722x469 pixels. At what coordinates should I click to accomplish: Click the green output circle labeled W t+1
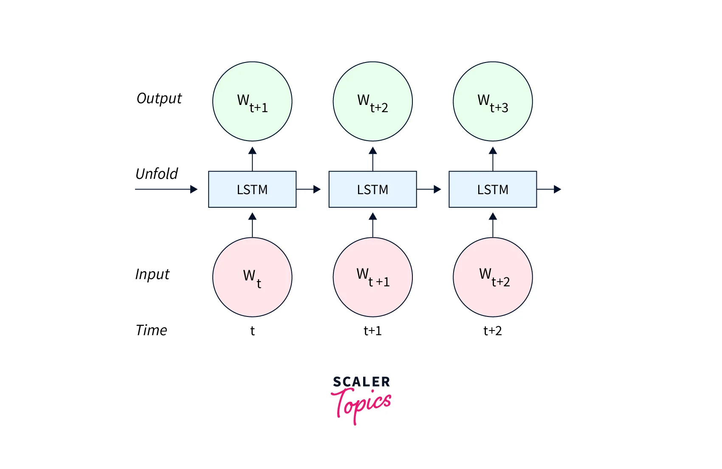tap(252, 102)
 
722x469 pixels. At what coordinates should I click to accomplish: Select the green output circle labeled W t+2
tap(372, 102)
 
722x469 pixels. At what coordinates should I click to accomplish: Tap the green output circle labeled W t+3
tap(493, 102)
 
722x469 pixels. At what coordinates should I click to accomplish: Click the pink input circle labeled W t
tap(252, 277)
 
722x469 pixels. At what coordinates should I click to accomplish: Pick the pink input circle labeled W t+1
tap(372, 277)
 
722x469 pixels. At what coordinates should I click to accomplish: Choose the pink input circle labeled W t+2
tap(493, 277)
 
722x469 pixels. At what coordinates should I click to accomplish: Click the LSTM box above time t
tap(252, 189)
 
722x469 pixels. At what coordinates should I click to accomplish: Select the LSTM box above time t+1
tap(372, 189)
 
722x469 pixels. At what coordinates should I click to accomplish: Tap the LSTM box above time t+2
tap(493, 189)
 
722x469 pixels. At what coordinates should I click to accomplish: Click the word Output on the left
tap(159, 99)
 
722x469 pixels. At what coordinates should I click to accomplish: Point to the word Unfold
tap(157, 174)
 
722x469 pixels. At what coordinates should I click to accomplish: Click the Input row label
tap(152, 274)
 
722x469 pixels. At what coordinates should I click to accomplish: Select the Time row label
tap(151, 331)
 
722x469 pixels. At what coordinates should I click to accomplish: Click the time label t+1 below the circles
tap(372, 331)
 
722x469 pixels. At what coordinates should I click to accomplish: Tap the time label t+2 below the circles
tap(493, 331)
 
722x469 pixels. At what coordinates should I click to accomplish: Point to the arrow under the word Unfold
tap(166, 189)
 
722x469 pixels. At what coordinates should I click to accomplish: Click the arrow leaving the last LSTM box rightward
tap(549, 189)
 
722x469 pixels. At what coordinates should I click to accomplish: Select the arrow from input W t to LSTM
tap(252, 225)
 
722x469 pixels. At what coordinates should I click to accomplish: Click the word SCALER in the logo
tap(361, 382)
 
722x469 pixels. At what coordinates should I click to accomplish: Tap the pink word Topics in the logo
tap(361, 405)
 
